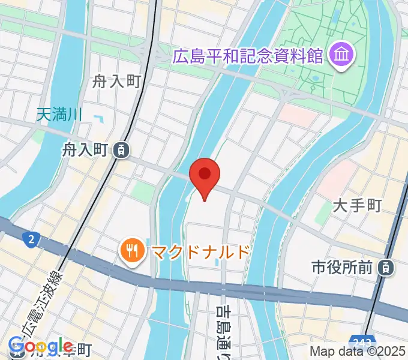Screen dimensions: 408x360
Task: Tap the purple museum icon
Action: click(342, 57)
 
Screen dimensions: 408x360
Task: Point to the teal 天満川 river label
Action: click(59, 113)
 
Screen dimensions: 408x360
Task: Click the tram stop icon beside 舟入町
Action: click(122, 150)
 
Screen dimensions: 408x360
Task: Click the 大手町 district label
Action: click(357, 206)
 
